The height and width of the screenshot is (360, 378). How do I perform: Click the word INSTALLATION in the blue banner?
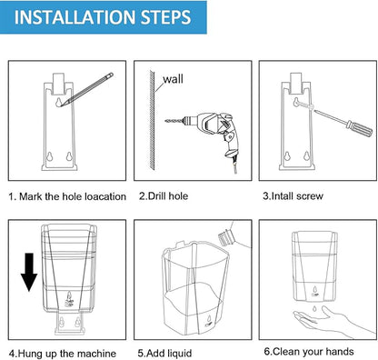tap(75, 17)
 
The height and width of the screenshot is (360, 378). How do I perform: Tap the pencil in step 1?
tap(86, 90)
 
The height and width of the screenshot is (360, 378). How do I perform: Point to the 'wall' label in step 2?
tap(173, 79)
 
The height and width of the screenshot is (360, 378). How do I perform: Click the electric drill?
tap(209, 134)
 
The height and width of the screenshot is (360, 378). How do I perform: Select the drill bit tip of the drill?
tap(165, 121)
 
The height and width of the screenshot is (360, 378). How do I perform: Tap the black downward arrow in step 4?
tap(29, 272)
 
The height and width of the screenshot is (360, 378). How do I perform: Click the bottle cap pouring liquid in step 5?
tap(226, 236)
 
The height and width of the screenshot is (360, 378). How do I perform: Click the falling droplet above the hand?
tap(315, 308)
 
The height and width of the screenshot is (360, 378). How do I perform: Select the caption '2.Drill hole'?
tap(164, 196)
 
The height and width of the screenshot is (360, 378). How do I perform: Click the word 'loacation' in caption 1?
tap(105, 196)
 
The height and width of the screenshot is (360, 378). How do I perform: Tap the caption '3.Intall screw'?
tap(293, 196)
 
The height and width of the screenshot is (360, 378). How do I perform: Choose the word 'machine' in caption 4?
tap(96, 354)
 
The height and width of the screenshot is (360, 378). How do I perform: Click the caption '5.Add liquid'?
tap(164, 354)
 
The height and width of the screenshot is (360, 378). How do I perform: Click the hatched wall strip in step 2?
tap(152, 120)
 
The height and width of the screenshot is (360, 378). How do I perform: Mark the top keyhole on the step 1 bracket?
tap(59, 102)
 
